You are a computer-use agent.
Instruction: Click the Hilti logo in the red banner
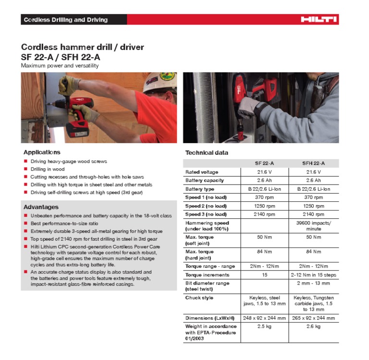319,20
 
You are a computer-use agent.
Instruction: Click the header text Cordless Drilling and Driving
66,20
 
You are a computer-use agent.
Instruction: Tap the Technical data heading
207,153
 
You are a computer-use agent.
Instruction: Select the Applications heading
42,152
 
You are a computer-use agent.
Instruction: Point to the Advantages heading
41,207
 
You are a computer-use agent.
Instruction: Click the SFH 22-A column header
313,163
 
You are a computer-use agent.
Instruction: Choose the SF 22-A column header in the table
264,163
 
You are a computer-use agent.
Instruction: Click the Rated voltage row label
202,172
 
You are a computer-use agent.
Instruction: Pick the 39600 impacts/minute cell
313,226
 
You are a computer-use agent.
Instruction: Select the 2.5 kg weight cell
264,327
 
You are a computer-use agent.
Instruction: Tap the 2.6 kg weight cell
313,327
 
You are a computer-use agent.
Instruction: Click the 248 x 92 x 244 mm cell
264,318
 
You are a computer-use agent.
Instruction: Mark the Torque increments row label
207,275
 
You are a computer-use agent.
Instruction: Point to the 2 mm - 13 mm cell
313,283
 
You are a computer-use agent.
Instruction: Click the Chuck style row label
199,298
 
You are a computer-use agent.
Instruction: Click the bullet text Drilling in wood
48,169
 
